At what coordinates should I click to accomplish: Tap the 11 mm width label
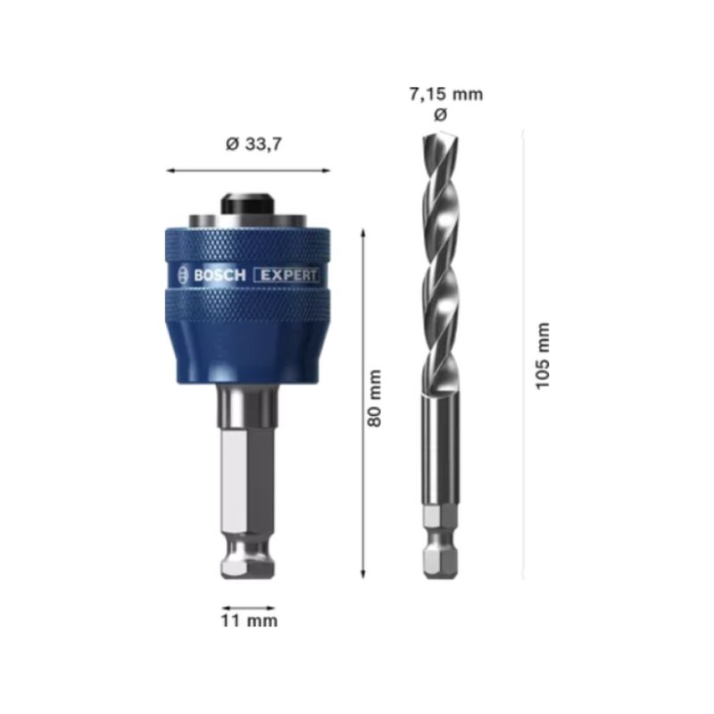point(249,620)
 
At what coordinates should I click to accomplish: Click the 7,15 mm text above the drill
point(446,94)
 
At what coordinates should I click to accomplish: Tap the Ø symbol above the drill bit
point(439,115)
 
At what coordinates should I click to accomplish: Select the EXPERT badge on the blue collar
point(287,276)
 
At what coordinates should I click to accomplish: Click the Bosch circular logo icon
point(184,276)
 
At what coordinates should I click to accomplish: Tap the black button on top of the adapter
point(249,203)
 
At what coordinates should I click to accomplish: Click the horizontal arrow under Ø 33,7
point(249,170)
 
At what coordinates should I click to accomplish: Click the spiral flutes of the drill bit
point(439,268)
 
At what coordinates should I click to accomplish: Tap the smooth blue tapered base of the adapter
point(249,357)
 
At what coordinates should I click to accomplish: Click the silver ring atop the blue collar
point(249,221)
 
